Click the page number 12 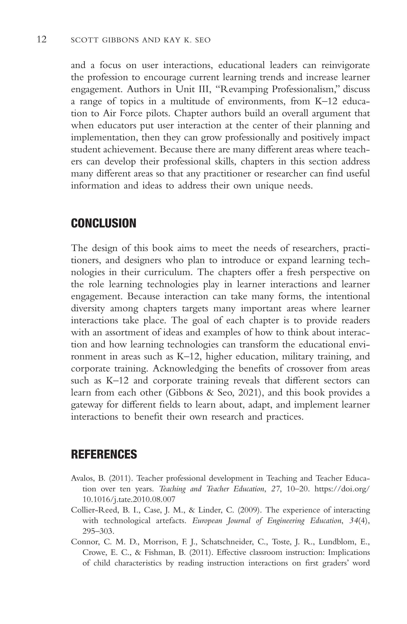point(42,40)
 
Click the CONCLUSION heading point(104,223)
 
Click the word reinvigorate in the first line point(345,65)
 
